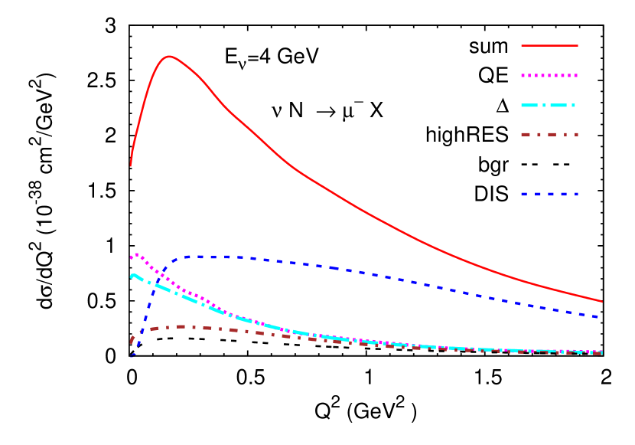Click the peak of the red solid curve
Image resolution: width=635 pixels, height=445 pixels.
coord(168,56)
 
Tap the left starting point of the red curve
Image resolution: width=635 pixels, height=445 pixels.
coord(131,165)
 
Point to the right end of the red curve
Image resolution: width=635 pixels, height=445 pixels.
coord(602,301)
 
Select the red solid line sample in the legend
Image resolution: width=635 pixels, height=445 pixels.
coord(549,46)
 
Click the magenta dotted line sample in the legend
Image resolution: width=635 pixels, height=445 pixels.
coord(549,76)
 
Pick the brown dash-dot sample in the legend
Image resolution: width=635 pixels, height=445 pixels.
coord(549,135)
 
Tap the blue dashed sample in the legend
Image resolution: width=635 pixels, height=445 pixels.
coord(549,195)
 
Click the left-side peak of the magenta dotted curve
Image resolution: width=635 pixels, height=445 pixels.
coord(136,254)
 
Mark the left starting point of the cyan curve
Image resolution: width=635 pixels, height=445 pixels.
coord(132,276)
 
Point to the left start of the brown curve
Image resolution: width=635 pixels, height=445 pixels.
coord(131,342)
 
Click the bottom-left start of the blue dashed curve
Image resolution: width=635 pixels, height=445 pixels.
coord(131,357)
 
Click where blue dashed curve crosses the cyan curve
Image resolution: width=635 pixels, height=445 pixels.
coord(155,285)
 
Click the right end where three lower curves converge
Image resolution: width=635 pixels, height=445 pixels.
coord(601,352)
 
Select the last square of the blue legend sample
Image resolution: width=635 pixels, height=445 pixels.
coord(574,195)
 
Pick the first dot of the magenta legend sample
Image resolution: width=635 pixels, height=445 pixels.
coord(524,76)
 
